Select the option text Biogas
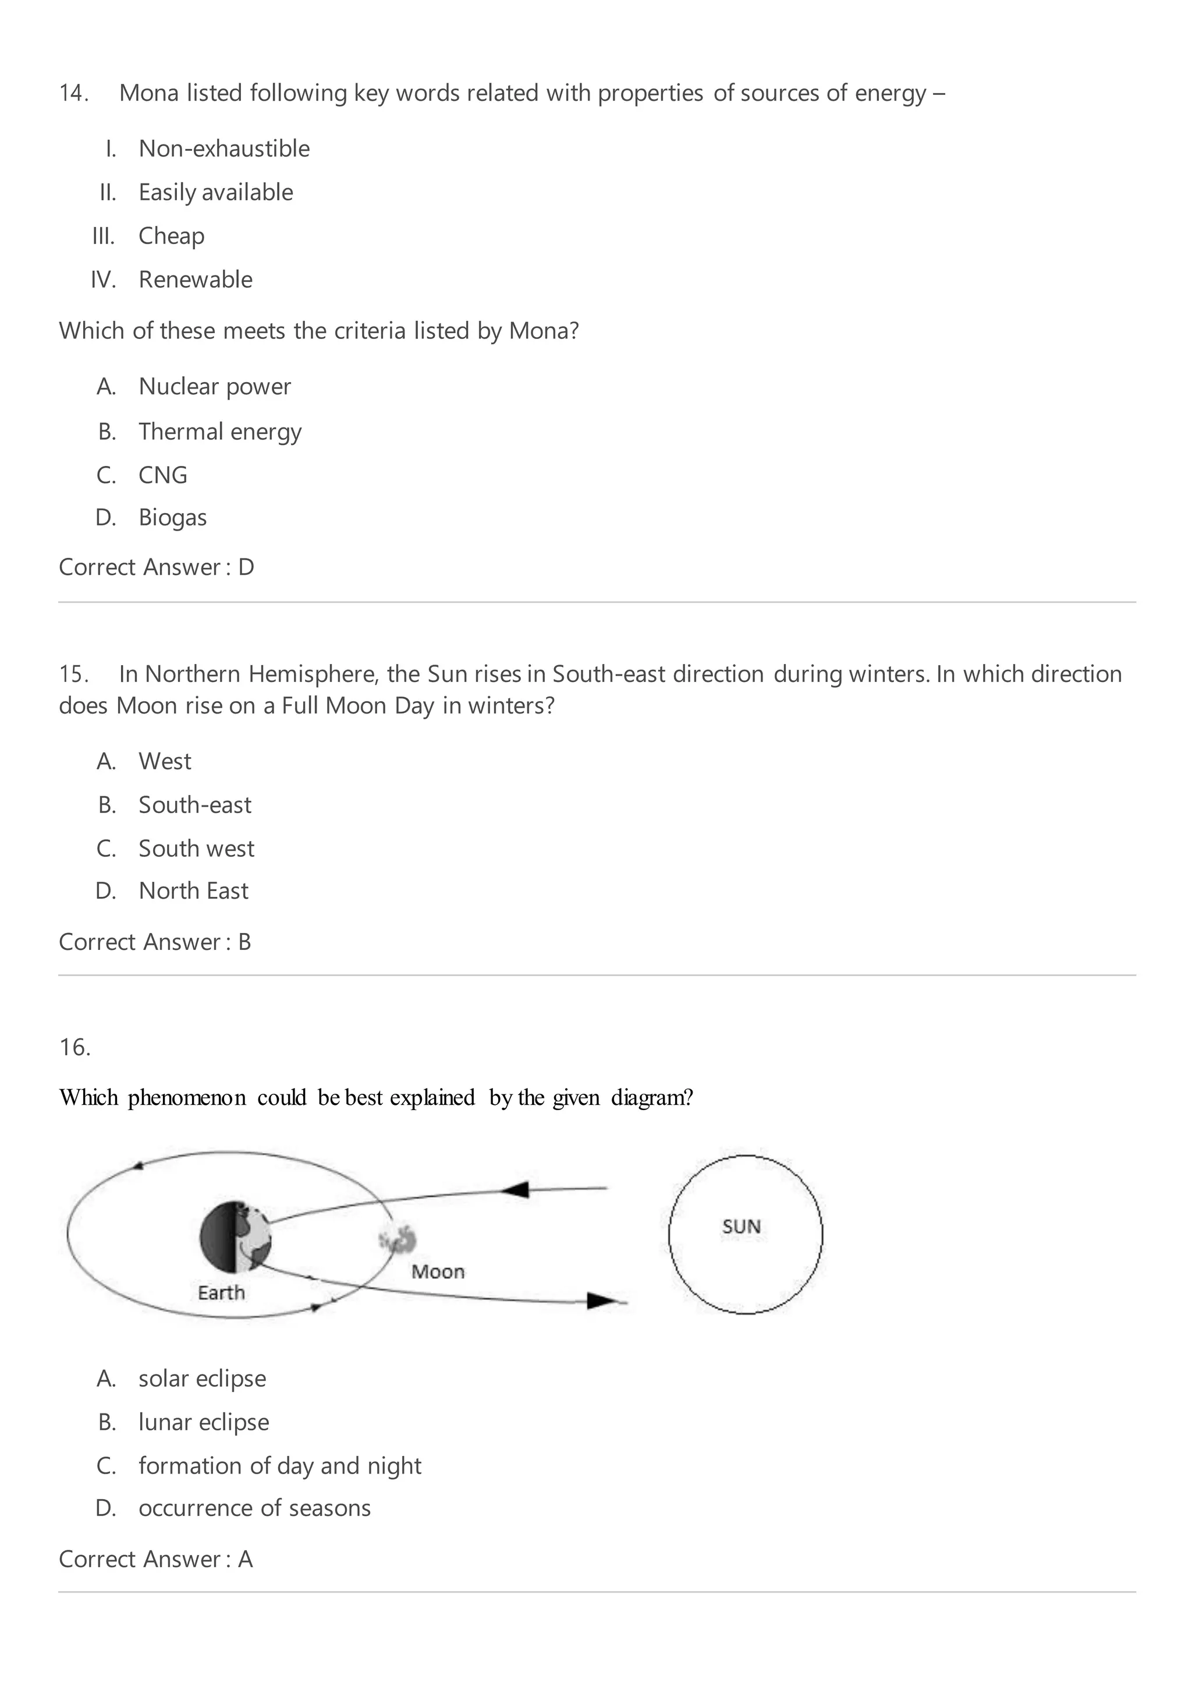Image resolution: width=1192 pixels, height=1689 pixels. tap(172, 518)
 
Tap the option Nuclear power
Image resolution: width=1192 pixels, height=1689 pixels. tap(214, 387)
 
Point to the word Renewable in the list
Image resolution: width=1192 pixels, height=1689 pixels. tap(195, 280)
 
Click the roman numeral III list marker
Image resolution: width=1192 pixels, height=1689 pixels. tap(103, 236)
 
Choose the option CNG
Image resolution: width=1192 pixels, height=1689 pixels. tap(162, 475)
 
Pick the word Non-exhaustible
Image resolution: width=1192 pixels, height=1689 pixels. tap(223, 149)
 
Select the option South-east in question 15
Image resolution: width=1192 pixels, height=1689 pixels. tap(194, 805)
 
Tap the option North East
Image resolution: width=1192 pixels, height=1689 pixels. tap(193, 891)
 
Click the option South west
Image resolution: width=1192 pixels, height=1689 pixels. tap(196, 848)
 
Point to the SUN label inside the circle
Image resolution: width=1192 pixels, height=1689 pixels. tap(742, 1227)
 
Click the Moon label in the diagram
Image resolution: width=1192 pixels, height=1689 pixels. tap(438, 1272)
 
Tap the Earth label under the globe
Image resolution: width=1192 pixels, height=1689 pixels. tap(221, 1292)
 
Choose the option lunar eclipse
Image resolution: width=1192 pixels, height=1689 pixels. tap(203, 1423)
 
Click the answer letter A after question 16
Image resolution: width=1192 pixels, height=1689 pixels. tap(245, 1560)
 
